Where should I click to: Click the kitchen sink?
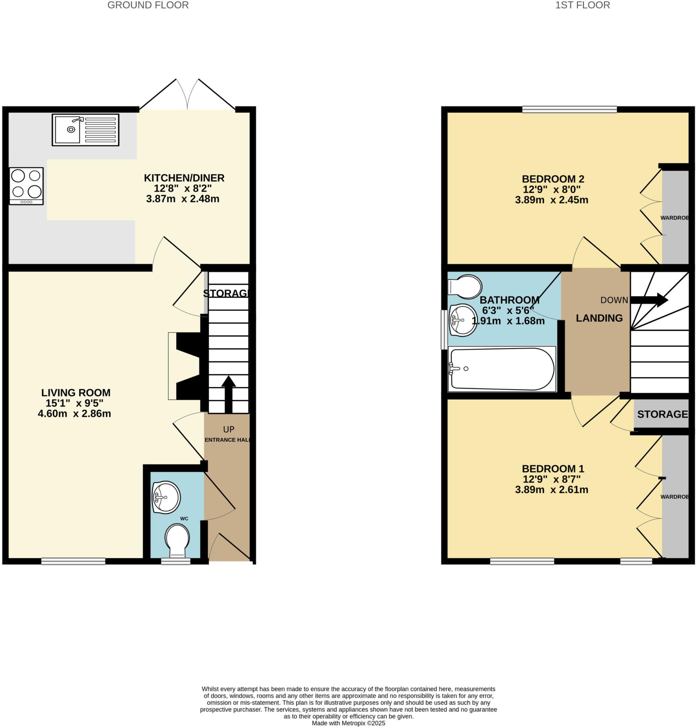tap(85, 130)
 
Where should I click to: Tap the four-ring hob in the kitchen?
tap(26, 186)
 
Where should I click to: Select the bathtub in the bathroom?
tap(502, 369)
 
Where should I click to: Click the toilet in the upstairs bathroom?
tap(465, 286)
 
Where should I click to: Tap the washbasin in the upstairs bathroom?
tap(463, 320)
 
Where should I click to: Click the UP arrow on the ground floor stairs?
tap(229, 394)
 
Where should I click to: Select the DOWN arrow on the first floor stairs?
tap(649, 300)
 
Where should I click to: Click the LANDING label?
tap(599, 318)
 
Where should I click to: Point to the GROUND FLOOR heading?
tap(148, 5)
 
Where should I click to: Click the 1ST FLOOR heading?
tap(582, 5)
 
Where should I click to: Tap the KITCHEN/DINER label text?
tap(184, 178)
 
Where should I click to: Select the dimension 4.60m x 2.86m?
tap(74, 414)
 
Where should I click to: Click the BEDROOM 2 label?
tap(553, 179)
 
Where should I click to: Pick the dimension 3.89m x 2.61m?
tap(551, 490)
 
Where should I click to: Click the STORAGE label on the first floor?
tap(662, 414)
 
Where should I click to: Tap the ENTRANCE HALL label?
tap(227, 440)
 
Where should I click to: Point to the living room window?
tap(73, 561)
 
